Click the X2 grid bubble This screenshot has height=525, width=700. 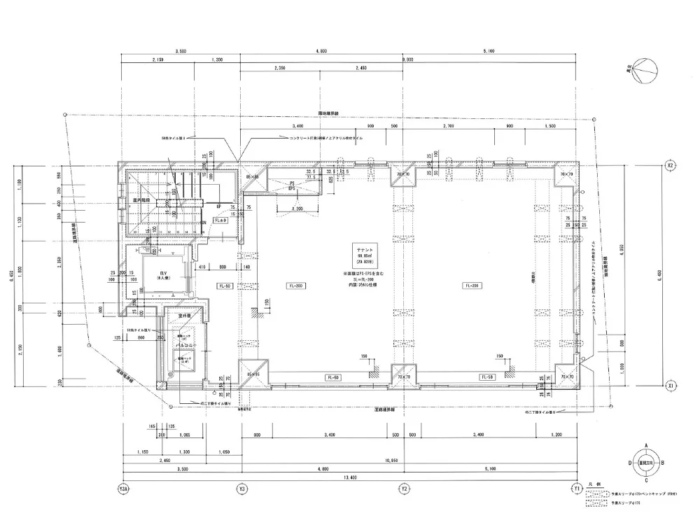click(x=670, y=166)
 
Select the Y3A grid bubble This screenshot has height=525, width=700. click(x=123, y=488)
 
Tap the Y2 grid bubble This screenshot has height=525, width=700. click(x=403, y=488)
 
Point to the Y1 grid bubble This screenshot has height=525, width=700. click(x=577, y=488)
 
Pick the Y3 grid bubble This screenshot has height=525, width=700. click(x=241, y=488)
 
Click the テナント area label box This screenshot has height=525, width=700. click(x=368, y=252)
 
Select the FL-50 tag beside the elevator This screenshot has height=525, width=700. click(x=225, y=286)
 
